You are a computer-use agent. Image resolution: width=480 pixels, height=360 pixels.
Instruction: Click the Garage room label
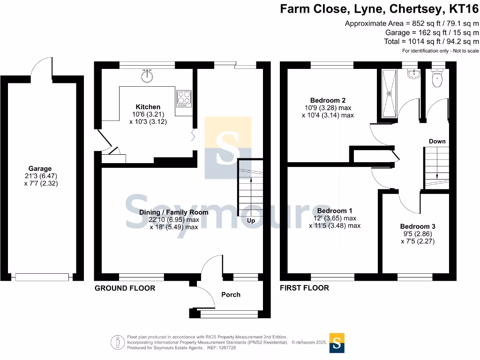(40, 169)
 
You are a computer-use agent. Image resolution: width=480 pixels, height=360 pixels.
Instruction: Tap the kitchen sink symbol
(148, 75)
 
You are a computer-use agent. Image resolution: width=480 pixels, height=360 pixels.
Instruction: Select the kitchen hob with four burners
(183, 99)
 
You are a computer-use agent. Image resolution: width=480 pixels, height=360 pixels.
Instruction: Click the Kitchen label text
(148, 107)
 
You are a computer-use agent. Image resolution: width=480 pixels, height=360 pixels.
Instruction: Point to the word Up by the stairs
(251, 220)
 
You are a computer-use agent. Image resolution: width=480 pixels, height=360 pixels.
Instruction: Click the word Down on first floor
(437, 141)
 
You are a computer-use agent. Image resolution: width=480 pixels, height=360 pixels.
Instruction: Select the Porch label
(231, 294)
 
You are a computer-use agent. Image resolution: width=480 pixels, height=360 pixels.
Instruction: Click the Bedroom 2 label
(328, 100)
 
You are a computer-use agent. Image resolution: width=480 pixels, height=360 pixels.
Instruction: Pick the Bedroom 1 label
(334, 210)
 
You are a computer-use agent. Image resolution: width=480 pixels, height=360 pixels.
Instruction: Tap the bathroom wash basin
(412, 74)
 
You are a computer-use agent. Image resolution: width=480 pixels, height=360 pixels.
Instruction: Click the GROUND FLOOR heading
(125, 288)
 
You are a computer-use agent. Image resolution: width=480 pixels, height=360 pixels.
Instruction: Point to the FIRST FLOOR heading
(304, 288)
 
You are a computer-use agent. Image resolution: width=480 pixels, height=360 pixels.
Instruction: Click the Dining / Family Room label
(173, 212)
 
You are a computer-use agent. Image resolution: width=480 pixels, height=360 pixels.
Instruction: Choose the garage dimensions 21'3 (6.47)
(40, 176)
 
